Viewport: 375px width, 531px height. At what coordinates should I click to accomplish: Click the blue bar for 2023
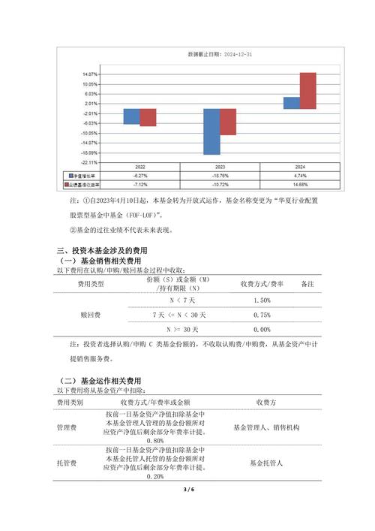212,131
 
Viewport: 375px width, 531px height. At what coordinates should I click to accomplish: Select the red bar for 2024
307,91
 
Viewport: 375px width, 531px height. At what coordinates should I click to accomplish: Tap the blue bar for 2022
132,116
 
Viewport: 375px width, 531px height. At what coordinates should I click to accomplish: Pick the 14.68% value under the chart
301,183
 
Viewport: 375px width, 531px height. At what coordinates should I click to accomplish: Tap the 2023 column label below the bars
220,167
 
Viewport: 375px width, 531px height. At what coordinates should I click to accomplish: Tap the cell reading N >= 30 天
178,329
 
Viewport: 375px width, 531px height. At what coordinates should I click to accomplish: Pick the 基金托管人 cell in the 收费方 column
266,463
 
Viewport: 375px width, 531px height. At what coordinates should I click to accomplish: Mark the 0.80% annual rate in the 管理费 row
156,441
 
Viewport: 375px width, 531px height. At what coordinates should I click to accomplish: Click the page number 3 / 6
187,490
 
